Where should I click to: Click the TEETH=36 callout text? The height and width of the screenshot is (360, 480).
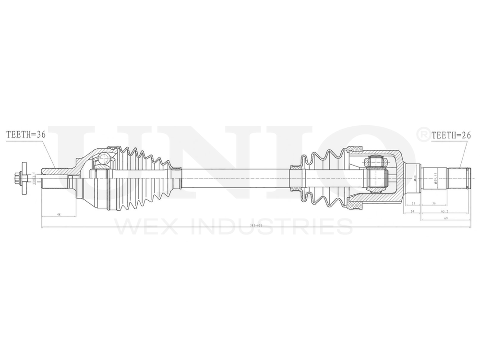coord(25,135)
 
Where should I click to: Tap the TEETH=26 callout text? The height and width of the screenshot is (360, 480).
coord(450,135)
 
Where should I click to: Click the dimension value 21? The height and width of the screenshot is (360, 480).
coord(413,204)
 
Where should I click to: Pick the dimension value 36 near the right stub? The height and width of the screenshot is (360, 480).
coord(434,204)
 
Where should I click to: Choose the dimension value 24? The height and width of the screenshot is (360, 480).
coord(412,211)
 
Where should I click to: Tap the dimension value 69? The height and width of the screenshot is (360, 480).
coord(445,218)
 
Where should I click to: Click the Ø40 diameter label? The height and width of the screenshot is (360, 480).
coord(415,178)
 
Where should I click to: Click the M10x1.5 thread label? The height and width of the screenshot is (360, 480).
coord(34,178)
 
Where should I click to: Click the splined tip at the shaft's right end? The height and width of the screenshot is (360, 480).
coord(458,178)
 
